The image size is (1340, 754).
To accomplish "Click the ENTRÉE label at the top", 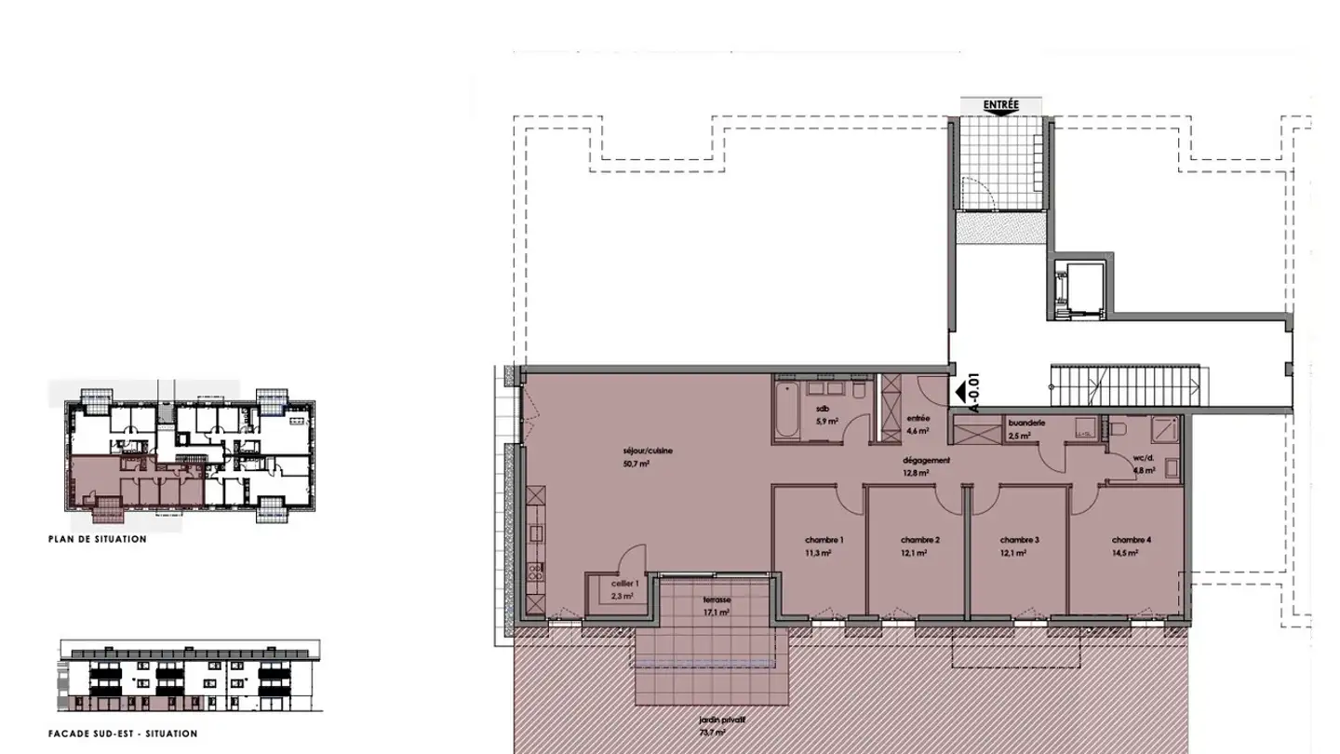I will (1000, 106).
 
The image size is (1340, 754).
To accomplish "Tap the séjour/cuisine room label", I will (648, 451).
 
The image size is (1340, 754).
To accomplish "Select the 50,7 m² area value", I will (636, 463).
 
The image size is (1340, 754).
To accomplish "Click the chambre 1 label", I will (824, 540).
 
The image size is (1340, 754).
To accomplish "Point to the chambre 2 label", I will (919, 540).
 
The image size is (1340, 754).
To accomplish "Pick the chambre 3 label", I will (1019, 540).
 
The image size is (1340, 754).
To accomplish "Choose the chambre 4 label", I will (1132, 540).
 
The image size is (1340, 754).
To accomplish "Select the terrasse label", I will (717, 600).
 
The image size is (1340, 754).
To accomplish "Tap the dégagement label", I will (926, 460).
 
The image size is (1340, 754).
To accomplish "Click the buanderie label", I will (1026, 423).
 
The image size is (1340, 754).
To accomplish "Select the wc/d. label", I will (1144, 458).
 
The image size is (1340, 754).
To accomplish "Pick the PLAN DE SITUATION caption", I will (98, 539).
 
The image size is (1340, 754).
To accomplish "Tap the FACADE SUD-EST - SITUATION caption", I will (123, 734).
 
